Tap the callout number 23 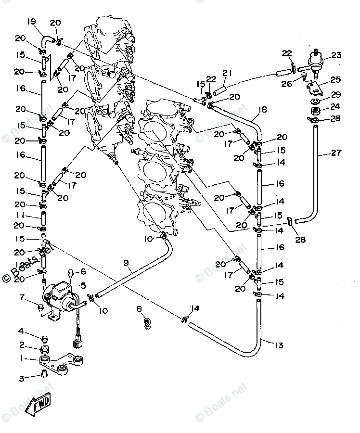pyautogui.click(x=335, y=55)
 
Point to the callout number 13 pyautogui.click(x=278, y=345)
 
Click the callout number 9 pyautogui.click(x=126, y=263)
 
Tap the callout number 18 pyautogui.click(x=262, y=109)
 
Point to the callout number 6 pyautogui.click(x=82, y=272)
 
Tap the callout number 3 pyautogui.click(x=21, y=379)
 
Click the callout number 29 pyautogui.click(x=335, y=94)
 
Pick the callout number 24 pyautogui.click(x=335, y=106)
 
